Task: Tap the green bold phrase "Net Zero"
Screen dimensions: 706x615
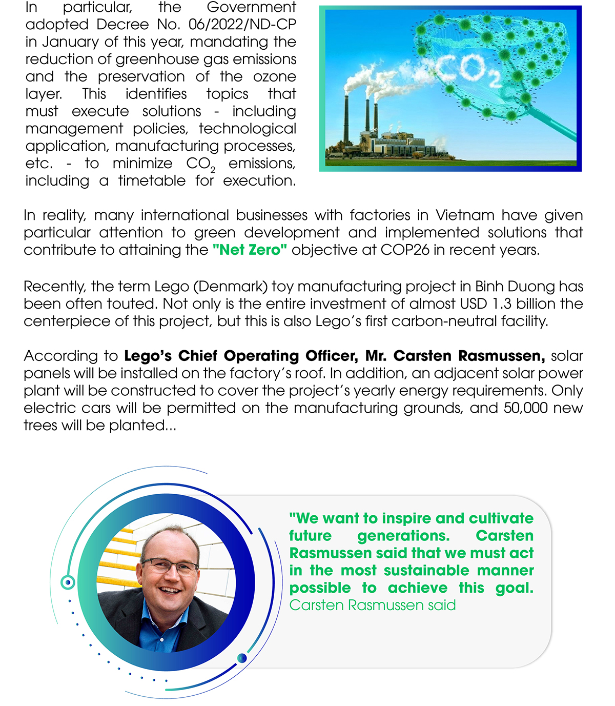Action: [250, 250]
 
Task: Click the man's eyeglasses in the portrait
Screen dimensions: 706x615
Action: [169, 567]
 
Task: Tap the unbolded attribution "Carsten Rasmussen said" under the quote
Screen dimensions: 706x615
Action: [373, 606]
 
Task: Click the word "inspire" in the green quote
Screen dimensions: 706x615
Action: [406, 518]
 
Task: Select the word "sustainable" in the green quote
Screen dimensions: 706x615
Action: [426, 571]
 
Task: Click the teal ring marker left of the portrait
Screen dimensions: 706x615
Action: [68, 582]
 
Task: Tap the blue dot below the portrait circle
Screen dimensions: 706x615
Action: [242, 658]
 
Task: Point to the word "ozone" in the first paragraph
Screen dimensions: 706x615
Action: [275, 77]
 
